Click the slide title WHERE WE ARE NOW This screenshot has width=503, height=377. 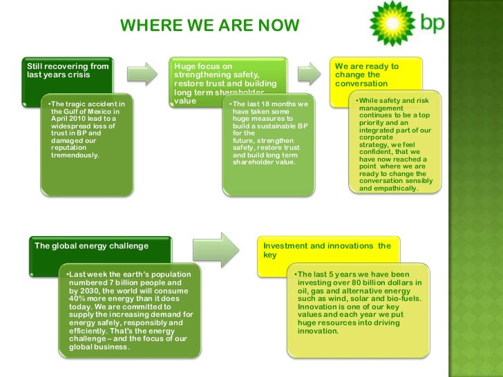click(x=210, y=26)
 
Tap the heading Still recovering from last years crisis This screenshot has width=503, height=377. click(x=68, y=70)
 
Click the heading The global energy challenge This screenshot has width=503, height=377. click(x=92, y=245)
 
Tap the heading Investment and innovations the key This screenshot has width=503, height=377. click(x=327, y=250)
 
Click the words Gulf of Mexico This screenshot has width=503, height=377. click(x=90, y=111)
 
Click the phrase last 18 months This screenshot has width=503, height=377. click(x=273, y=104)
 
